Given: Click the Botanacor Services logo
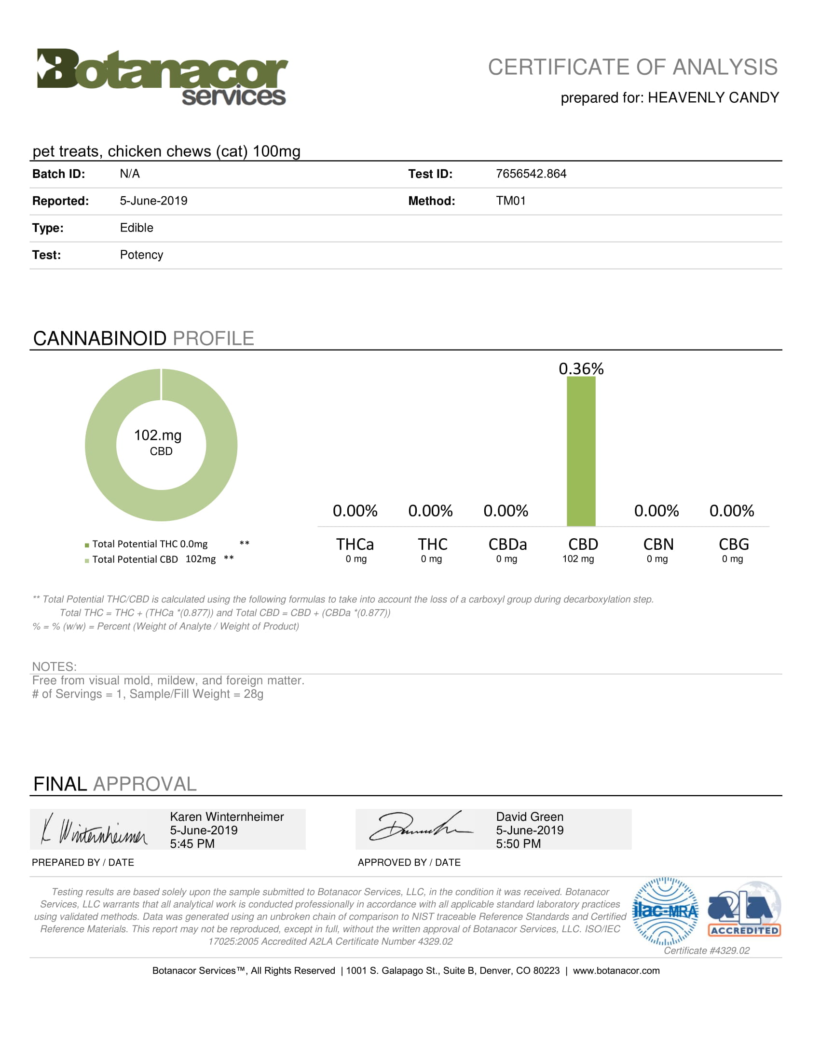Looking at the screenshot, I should point(162,77).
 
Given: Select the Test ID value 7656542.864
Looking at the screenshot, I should point(531,174).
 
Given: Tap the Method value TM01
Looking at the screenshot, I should point(510,201).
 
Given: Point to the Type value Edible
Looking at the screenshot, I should point(137,228).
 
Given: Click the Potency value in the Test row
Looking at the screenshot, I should point(141,255).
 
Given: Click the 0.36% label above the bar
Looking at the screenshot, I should point(581,369).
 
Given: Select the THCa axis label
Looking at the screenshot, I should point(355,544).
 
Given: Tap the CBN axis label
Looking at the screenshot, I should point(658,544).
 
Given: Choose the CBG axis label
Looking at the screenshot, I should point(734,544).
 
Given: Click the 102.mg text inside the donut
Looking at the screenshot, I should point(158,435).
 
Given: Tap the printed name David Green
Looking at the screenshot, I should point(530,816).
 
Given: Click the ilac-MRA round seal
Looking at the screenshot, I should point(666,911).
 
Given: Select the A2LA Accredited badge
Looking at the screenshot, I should point(744,910).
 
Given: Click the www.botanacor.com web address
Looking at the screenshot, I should point(616,971).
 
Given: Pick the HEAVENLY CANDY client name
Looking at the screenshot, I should point(713,97).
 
